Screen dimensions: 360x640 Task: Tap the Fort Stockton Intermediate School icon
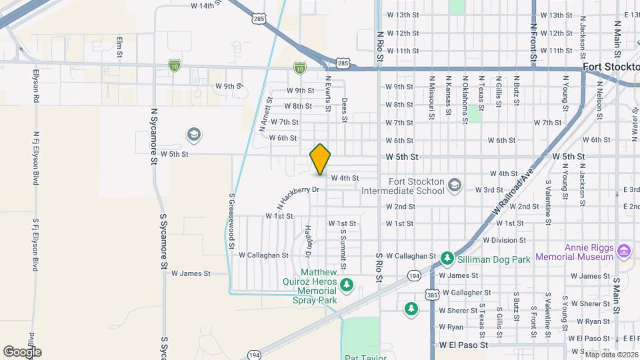(x=455, y=185)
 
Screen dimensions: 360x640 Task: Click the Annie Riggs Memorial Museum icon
(x=624, y=251)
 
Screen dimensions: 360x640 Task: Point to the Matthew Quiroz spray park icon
(x=346, y=286)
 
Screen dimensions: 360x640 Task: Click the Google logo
(x=22, y=351)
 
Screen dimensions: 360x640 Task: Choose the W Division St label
(x=504, y=240)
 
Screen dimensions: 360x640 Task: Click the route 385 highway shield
(x=431, y=294)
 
